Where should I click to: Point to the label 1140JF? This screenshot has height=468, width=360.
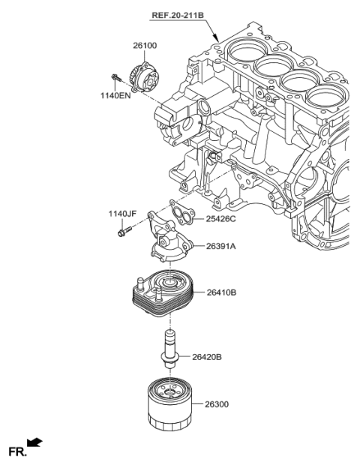click(x=121, y=214)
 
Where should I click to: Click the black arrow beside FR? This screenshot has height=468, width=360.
click(x=35, y=444)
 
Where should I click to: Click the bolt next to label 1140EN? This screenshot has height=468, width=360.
click(x=116, y=78)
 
